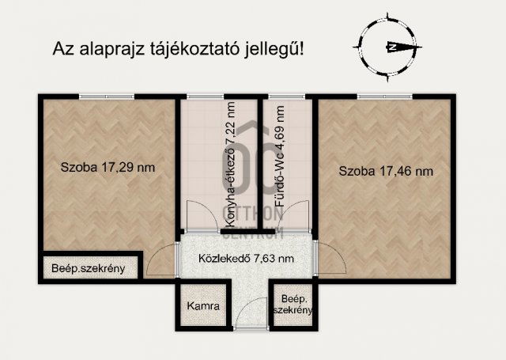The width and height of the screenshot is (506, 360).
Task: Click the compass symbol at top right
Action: pos(388,47)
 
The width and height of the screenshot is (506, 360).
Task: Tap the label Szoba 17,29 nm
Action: pos(108,168)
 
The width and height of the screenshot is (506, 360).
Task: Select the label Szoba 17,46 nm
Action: pos(386,171)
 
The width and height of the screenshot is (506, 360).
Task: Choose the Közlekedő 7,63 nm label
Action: pos(246,258)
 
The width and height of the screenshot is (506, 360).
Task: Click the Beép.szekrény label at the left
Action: pos(89,268)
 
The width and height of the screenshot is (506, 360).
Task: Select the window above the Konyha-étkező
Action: pos(204,97)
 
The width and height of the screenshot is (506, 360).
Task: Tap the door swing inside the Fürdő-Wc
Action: pos(296,216)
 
